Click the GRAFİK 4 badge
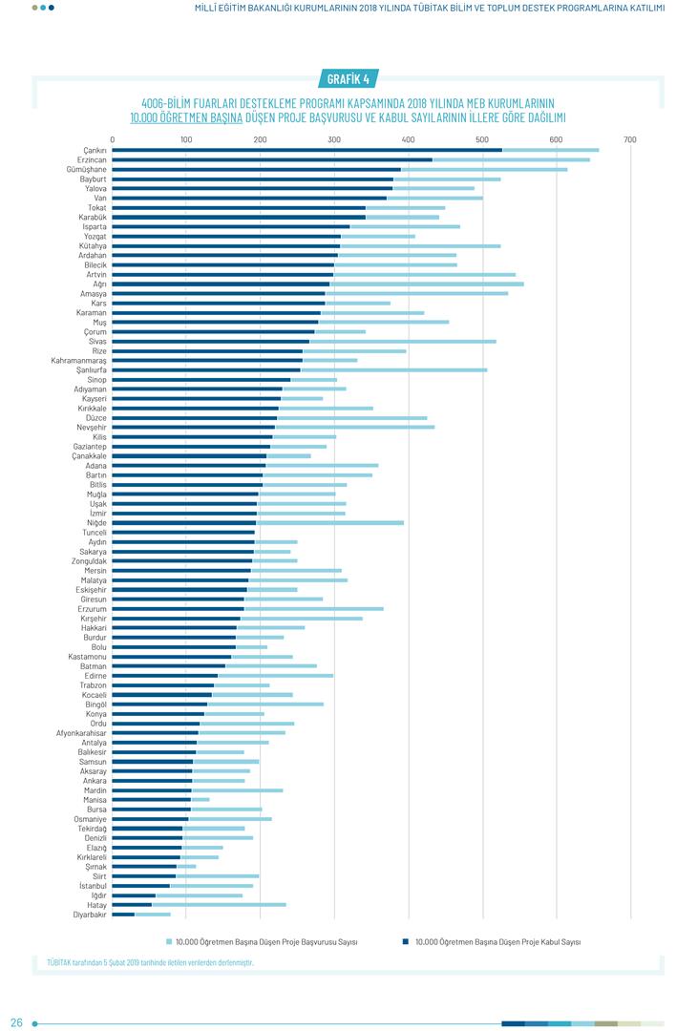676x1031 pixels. click(348, 79)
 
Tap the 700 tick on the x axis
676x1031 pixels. click(630, 140)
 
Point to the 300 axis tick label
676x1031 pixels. click(334, 140)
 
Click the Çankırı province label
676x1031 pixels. click(95, 150)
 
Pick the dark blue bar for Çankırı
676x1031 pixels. click(306, 150)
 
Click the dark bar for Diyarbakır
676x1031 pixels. click(123, 915)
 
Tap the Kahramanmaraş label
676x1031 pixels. click(79, 360)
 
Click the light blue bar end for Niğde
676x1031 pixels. click(401, 522)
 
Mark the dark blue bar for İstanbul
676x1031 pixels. click(140, 886)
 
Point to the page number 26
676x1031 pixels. click(16, 1023)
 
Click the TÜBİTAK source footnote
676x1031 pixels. click(150, 962)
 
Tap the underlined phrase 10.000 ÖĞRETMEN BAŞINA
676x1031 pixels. click(186, 117)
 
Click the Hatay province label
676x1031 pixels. click(95, 905)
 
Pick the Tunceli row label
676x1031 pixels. click(95, 533)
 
